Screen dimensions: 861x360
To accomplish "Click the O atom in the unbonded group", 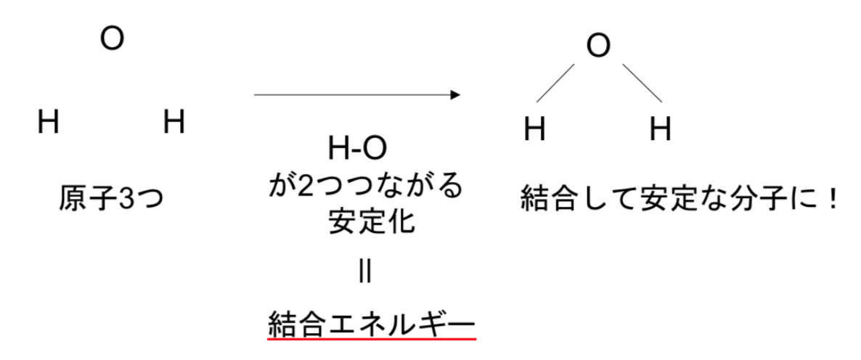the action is click(112, 39).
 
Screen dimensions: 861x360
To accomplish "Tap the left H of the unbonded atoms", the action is click(49, 122).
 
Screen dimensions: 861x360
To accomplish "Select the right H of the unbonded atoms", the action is click(174, 122).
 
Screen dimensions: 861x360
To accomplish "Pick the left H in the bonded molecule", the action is click(534, 130).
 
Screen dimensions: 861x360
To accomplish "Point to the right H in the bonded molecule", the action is click(661, 130).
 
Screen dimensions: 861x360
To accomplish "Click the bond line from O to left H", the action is click(555, 83).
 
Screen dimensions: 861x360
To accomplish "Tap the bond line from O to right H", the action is click(642, 83).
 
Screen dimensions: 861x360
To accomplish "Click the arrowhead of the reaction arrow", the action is click(455, 95).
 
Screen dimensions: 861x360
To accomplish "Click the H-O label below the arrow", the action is click(357, 149).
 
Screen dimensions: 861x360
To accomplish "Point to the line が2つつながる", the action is click(365, 187).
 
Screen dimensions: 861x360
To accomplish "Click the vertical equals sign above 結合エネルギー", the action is click(365, 272).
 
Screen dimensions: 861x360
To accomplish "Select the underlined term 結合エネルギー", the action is click(371, 325).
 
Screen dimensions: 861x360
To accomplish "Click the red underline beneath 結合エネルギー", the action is click(372, 339).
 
